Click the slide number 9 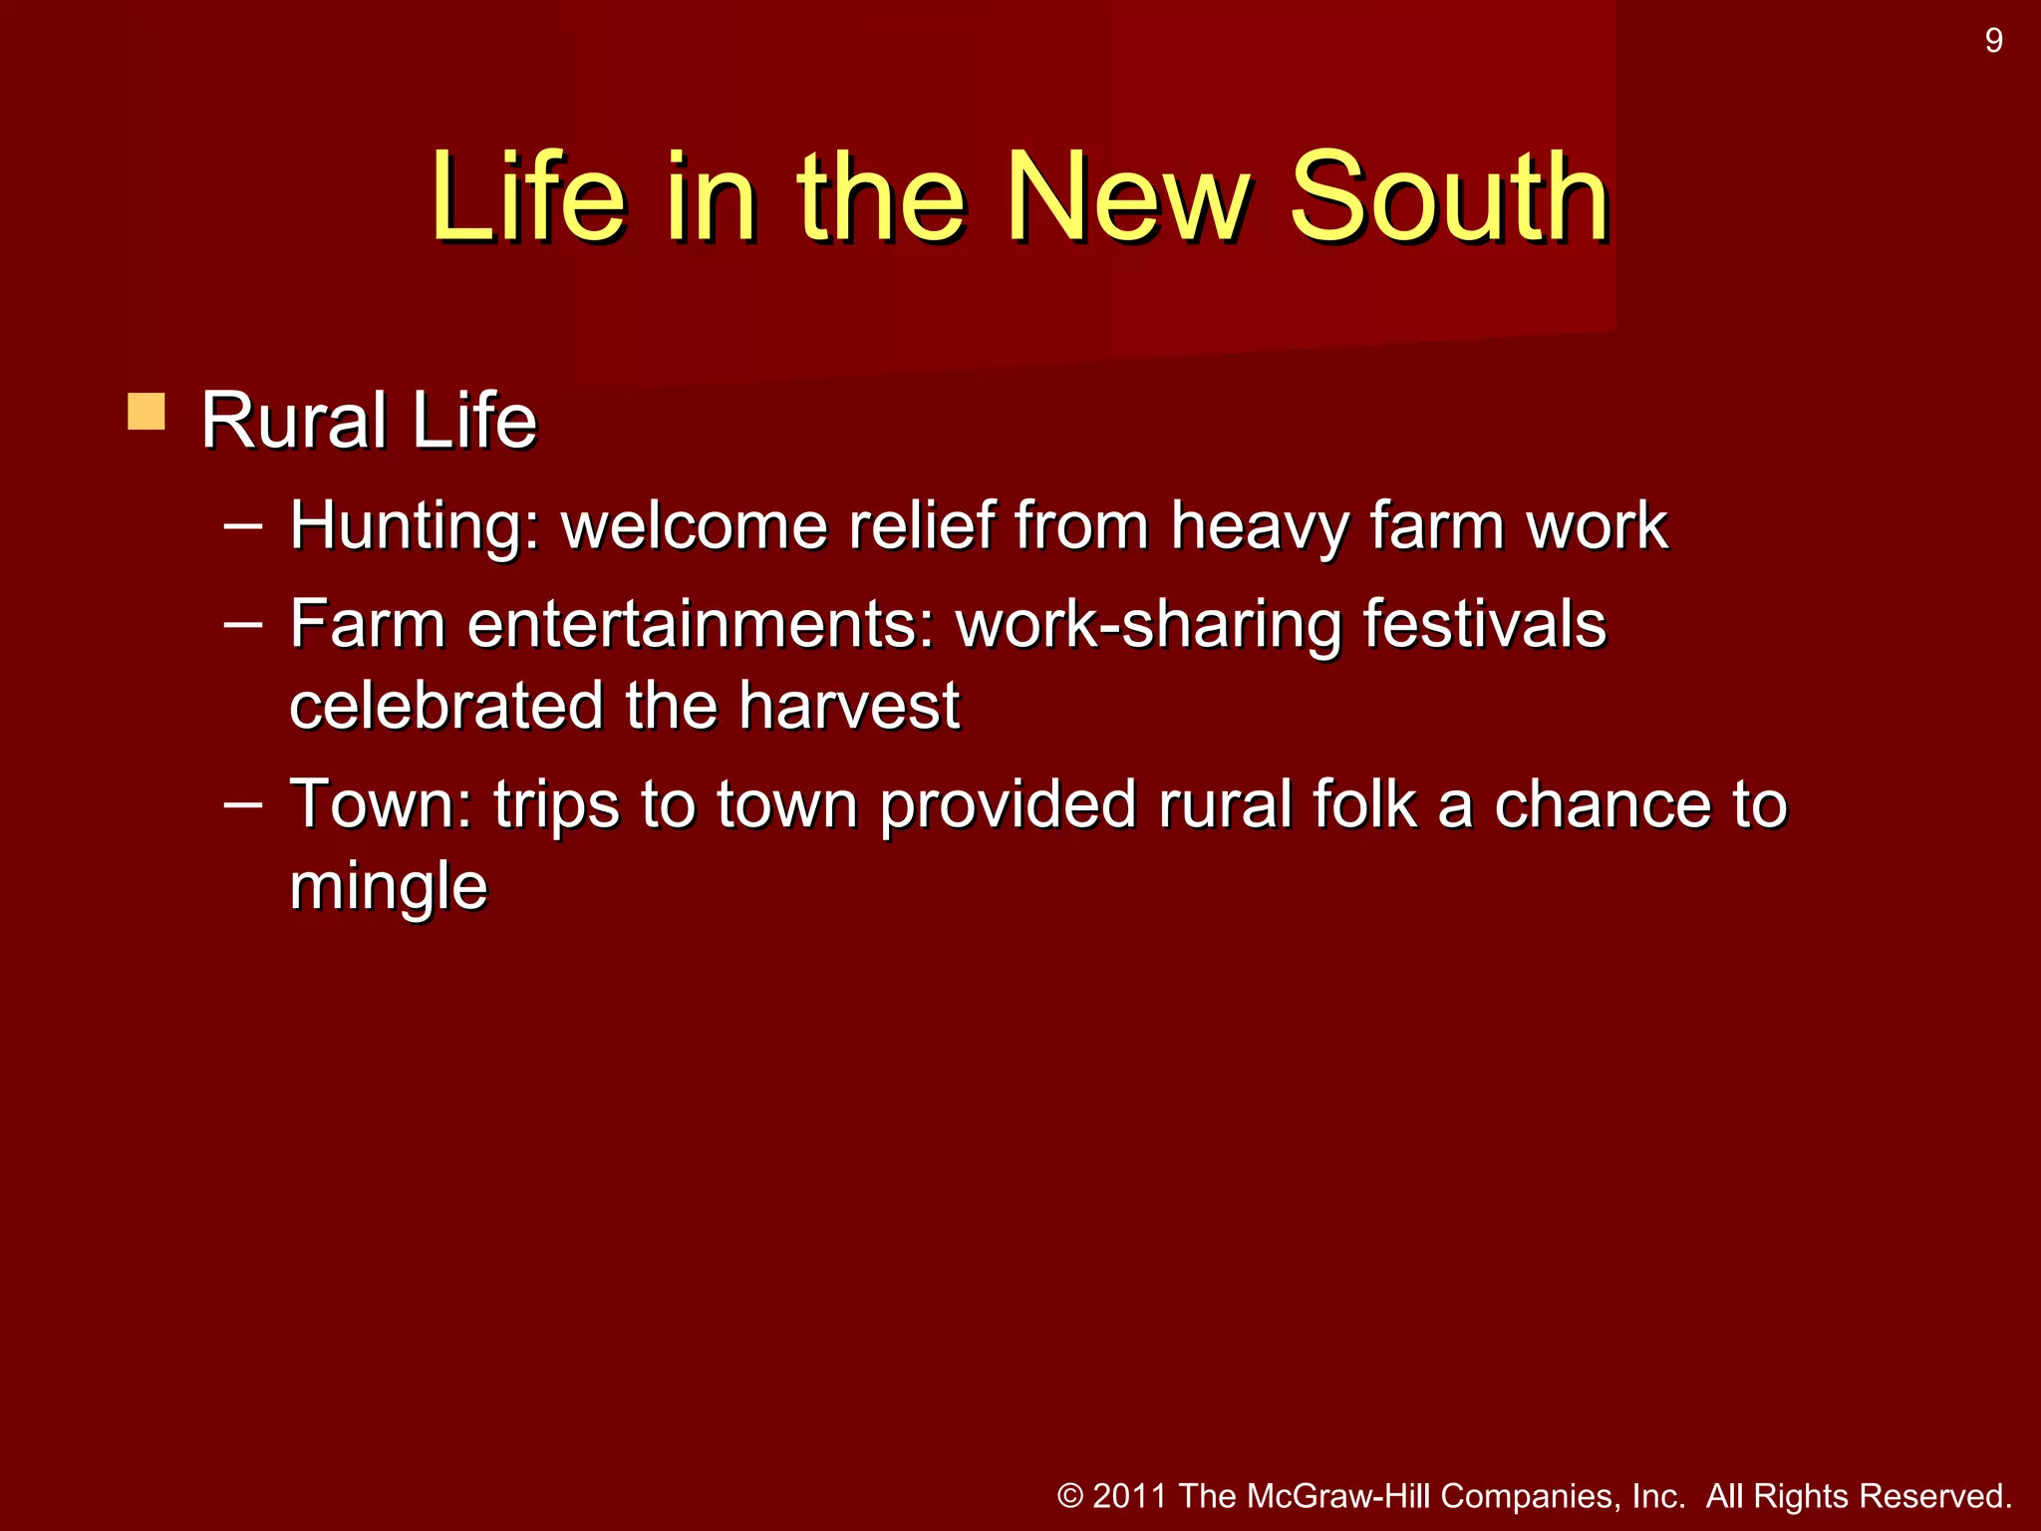coord(1993,41)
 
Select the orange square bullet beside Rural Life coord(146,412)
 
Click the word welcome coord(695,526)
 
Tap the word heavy coord(1259,526)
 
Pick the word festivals coord(1484,625)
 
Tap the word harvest coord(849,706)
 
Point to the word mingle coord(389,886)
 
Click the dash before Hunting coord(243,525)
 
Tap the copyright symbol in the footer coord(1070,1496)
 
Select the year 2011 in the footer coord(1129,1496)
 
